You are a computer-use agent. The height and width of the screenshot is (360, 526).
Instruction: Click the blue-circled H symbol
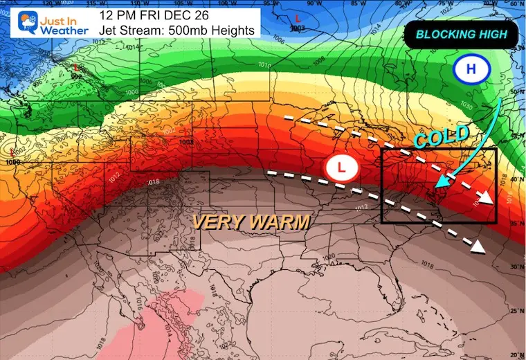coord(470,69)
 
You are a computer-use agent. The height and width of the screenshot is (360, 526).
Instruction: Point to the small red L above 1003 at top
coord(298,17)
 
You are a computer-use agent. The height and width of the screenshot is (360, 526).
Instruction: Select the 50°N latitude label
coord(516,91)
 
